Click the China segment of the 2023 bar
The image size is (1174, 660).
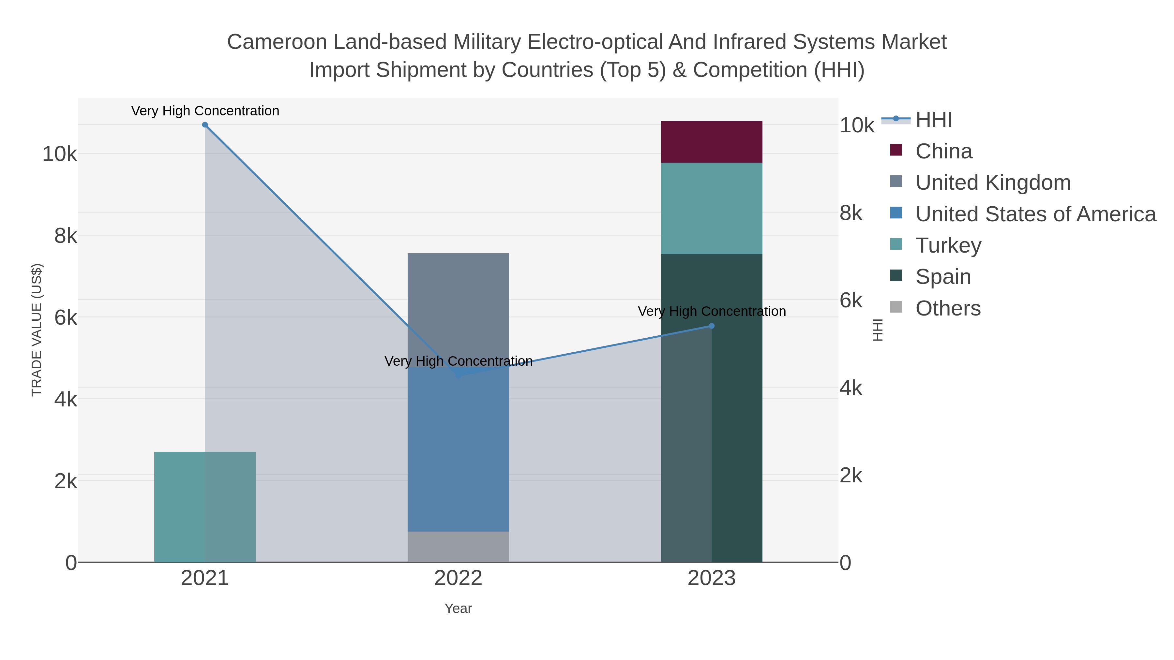pyautogui.click(x=712, y=142)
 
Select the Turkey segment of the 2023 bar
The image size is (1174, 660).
pyautogui.click(x=712, y=208)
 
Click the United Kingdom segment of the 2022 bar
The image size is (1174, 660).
pyautogui.click(x=458, y=305)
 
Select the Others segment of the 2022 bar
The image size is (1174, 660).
pyautogui.click(x=458, y=547)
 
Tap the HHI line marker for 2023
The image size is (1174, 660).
pyautogui.click(x=712, y=326)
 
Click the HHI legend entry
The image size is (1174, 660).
pyautogui.click(x=933, y=120)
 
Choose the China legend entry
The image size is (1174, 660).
pyautogui.click(x=943, y=151)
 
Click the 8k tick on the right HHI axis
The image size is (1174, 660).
pyautogui.click(x=851, y=213)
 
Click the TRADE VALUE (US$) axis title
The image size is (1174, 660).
pyautogui.click(x=37, y=330)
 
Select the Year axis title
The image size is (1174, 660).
pyautogui.click(x=458, y=609)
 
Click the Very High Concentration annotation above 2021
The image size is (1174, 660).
pyautogui.click(x=205, y=111)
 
